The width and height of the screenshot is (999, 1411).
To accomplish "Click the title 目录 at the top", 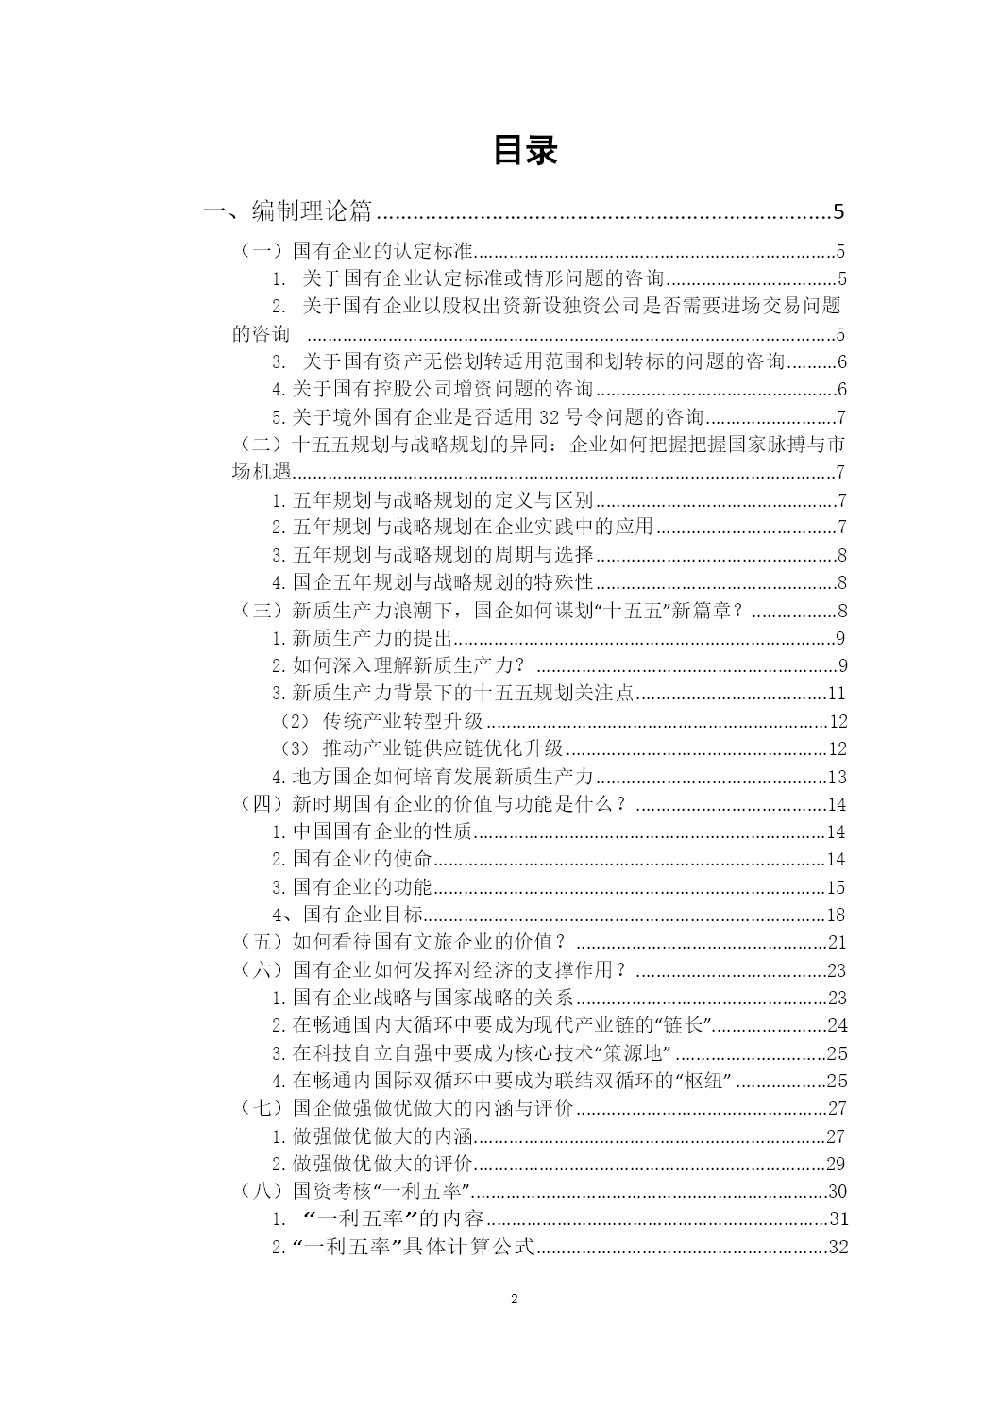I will pyautogui.click(x=525, y=151).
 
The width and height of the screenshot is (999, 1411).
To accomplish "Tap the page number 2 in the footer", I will pyautogui.click(x=515, y=1299).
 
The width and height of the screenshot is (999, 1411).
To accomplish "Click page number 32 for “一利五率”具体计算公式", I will pyautogui.click(x=838, y=1247).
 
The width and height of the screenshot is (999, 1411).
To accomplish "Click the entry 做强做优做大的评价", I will pyautogui.click(x=381, y=1164).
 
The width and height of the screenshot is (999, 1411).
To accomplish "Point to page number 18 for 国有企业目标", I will pyautogui.click(x=836, y=915).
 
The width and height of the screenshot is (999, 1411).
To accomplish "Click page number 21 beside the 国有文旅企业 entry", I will pyautogui.click(x=837, y=942).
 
